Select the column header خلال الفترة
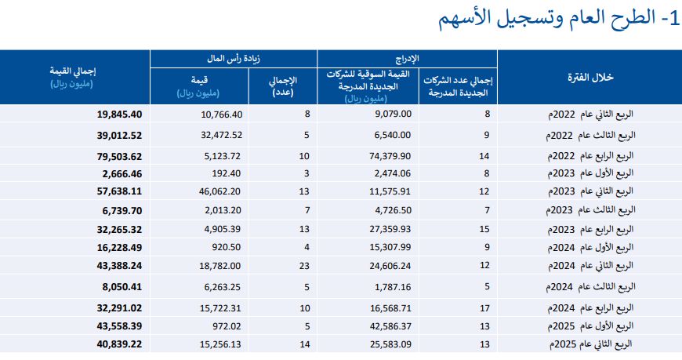click(x=590, y=78)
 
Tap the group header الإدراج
click(x=407, y=58)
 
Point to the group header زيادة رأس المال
click(x=233, y=58)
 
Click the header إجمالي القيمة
click(x=73, y=71)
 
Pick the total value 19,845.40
click(x=119, y=114)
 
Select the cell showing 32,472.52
click(x=221, y=135)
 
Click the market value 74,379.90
click(x=390, y=156)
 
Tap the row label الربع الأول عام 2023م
click(x=590, y=173)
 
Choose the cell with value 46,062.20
click(x=219, y=191)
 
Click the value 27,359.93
click(x=390, y=229)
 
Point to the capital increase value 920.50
click(x=227, y=247)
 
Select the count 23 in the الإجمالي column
click(x=304, y=266)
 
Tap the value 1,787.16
click(x=393, y=287)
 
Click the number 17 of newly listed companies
click(x=485, y=308)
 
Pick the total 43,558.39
click(x=119, y=326)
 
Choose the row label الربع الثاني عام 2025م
click(x=591, y=344)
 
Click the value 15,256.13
click(x=220, y=344)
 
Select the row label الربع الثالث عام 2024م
click(x=590, y=287)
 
